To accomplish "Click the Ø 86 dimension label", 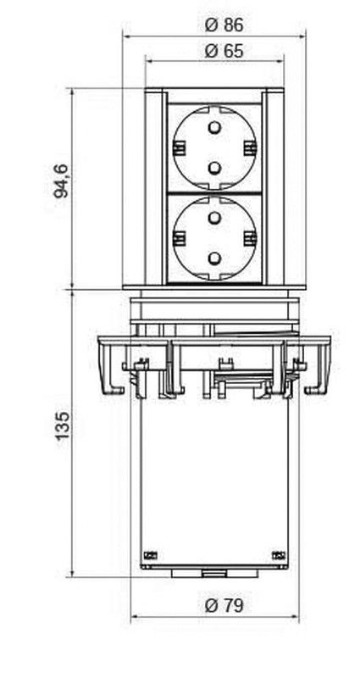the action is click(x=224, y=25).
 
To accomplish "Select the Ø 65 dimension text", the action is click(x=224, y=51).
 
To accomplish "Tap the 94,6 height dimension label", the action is click(x=61, y=181).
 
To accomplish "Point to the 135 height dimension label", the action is click(x=62, y=425).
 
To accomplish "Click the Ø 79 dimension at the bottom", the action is click(x=224, y=605).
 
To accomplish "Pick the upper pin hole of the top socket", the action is click(x=214, y=128).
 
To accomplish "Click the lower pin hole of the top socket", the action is click(x=214, y=168).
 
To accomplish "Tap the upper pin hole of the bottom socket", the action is click(x=214, y=218).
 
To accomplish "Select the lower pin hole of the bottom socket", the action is click(x=214, y=258).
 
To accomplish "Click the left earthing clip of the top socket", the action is click(x=179, y=147).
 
